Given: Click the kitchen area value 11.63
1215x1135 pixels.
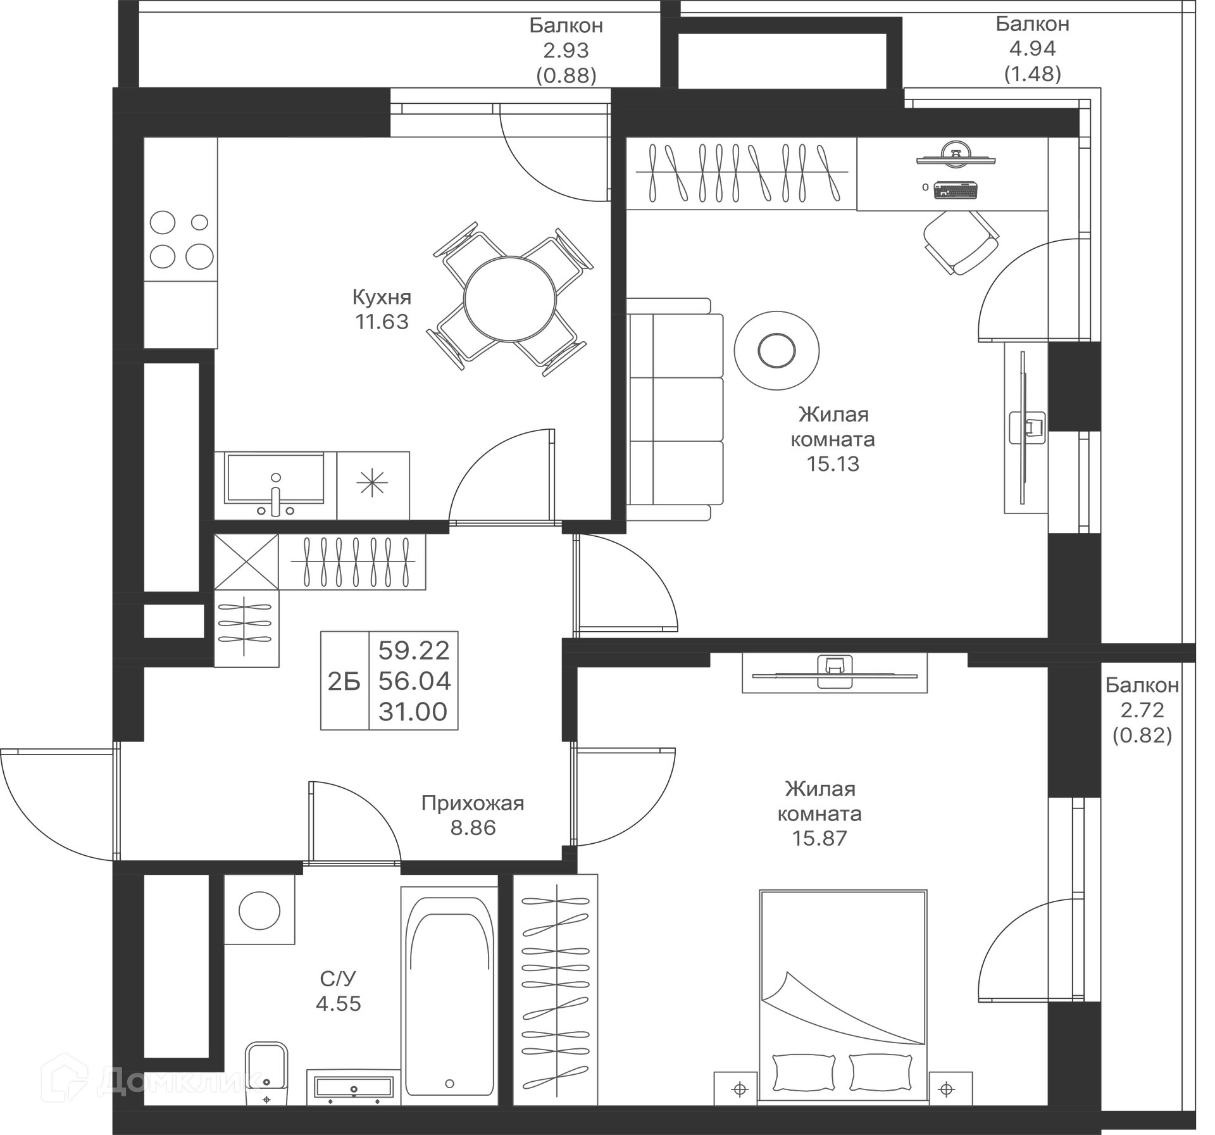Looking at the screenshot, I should (382, 322).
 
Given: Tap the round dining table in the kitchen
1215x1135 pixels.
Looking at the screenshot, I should (509, 299).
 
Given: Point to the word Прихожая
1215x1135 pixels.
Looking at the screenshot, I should (473, 803).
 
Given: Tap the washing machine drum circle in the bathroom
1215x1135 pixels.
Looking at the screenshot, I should (259, 910).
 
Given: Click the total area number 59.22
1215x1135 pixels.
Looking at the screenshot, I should (414, 650).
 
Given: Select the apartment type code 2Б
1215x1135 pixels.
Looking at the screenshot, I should (344, 681).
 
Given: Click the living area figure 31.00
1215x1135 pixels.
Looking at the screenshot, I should (413, 712).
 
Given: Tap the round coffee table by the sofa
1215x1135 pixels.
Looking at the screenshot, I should (776, 350).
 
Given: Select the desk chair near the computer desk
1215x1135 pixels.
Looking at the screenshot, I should (961, 242).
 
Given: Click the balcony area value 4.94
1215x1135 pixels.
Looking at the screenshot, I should (1032, 49).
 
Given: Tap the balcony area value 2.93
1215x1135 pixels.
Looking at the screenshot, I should (566, 50).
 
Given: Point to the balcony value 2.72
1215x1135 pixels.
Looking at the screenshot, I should (1142, 710).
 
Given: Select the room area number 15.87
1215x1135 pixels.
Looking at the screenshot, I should (819, 838).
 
